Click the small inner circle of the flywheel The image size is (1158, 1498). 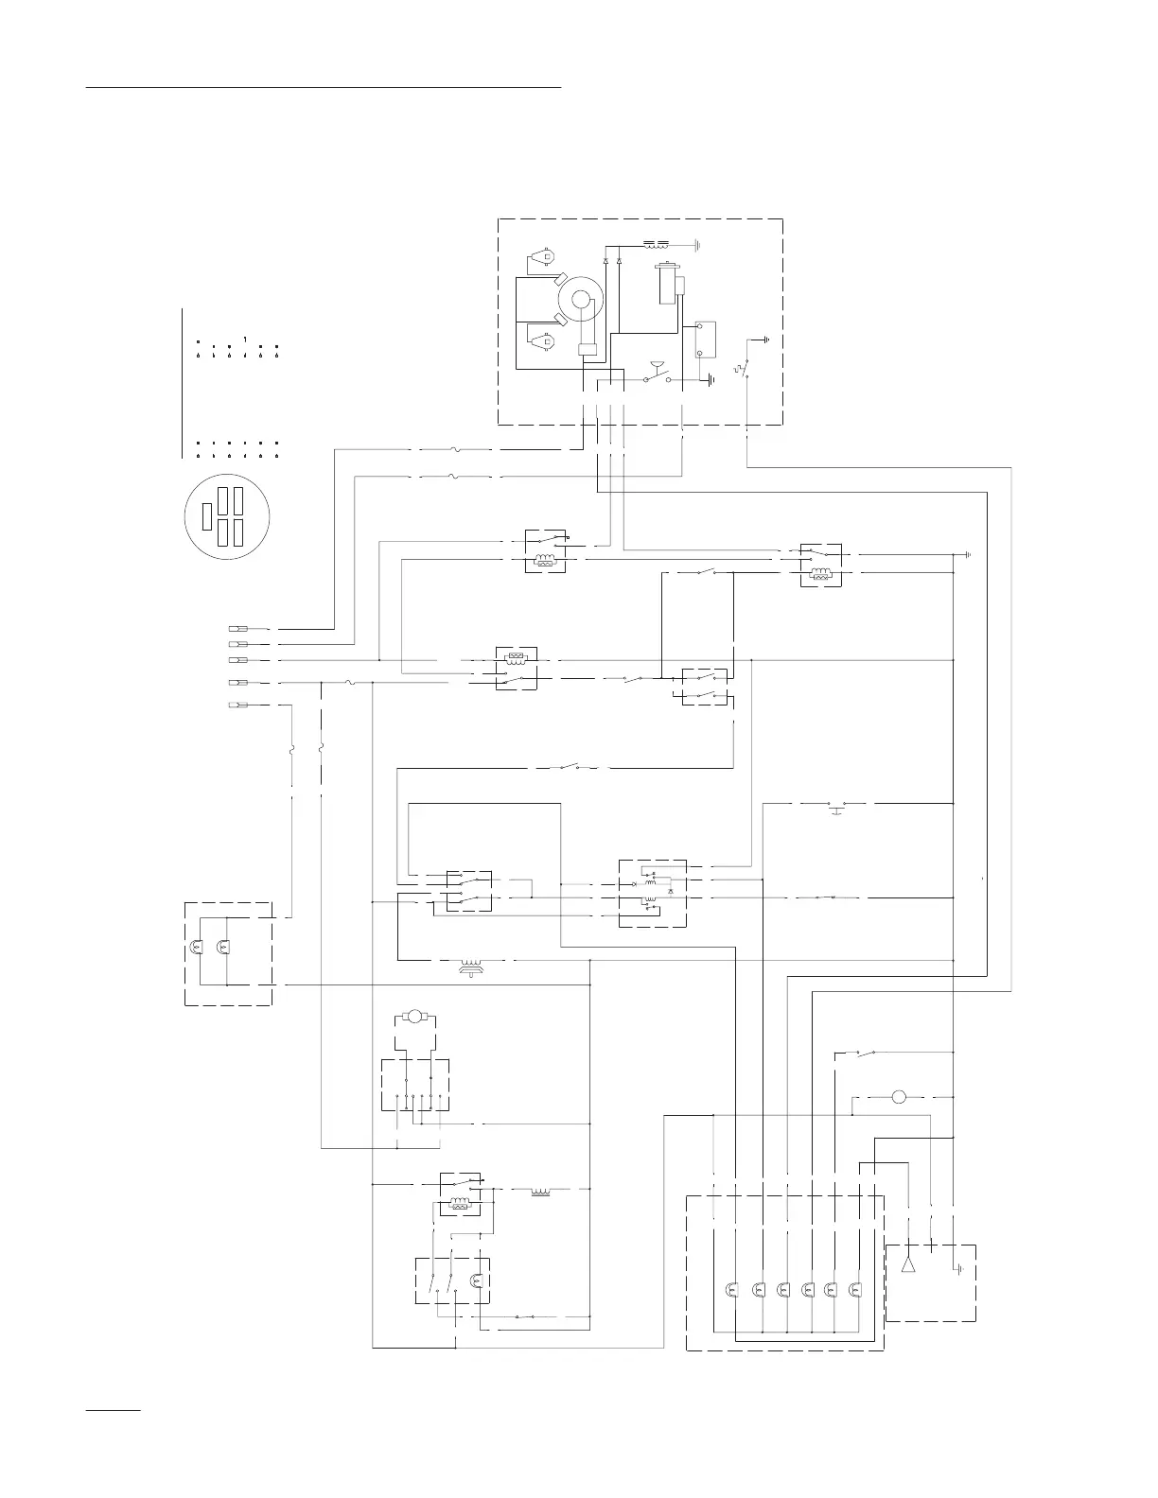(581, 300)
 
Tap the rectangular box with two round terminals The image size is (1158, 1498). (705, 340)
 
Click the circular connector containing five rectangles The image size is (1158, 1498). (226, 516)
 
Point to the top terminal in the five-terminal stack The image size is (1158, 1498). (238, 628)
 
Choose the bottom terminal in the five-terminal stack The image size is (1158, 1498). (238, 705)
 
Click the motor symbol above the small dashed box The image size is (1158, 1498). (413, 1017)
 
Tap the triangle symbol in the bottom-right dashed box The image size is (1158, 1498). (908, 1263)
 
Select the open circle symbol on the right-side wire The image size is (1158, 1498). (899, 1097)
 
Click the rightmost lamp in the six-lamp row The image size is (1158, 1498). (856, 1289)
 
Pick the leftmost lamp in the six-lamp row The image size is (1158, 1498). (730, 1289)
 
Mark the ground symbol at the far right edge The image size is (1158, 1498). (967, 554)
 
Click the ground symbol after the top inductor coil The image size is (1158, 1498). (696, 243)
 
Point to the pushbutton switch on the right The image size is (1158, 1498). (836, 807)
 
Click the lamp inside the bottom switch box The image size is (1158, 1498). (476, 1281)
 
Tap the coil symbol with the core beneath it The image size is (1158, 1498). (470, 965)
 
